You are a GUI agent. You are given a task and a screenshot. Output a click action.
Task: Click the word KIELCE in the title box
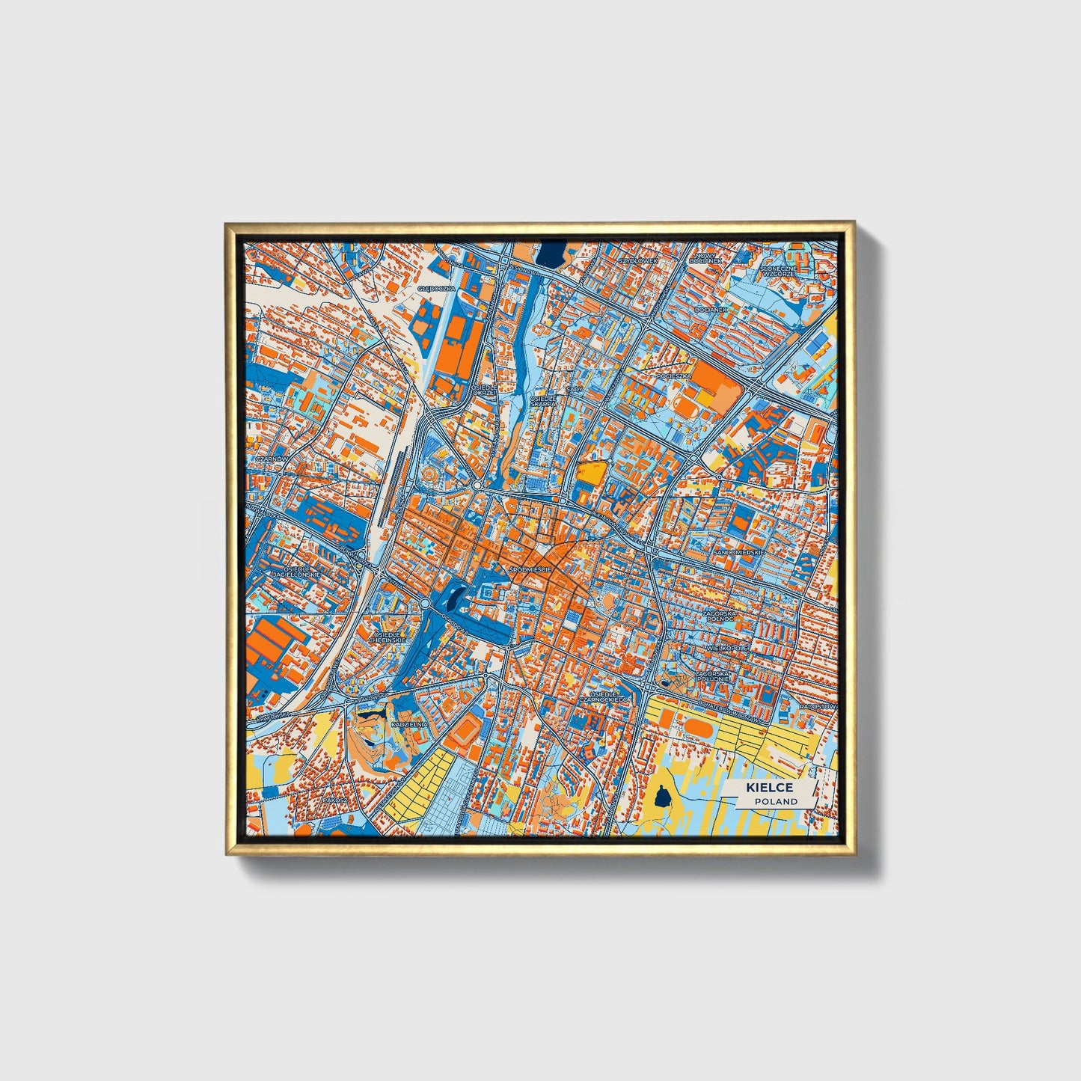click(x=768, y=788)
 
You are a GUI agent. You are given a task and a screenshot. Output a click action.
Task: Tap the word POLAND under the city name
click(x=776, y=801)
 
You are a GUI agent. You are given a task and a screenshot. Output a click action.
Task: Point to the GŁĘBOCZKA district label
click(x=436, y=288)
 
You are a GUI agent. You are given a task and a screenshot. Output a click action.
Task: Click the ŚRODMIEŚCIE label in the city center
click(x=530, y=570)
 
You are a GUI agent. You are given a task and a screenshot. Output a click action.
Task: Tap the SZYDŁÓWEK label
click(x=637, y=260)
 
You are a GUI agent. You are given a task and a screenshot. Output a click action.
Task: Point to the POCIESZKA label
click(x=673, y=376)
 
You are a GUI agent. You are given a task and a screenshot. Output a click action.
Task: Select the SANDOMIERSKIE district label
click(x=738, y=552)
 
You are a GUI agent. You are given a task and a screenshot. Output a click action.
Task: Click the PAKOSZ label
click(x=334, y=799)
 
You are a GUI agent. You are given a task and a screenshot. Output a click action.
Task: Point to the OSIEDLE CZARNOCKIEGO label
click(x=608, y=696)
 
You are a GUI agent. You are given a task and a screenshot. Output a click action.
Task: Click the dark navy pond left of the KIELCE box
click(x=661, y=797)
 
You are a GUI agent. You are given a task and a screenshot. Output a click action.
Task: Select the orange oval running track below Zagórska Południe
click(x=699, y=726)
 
